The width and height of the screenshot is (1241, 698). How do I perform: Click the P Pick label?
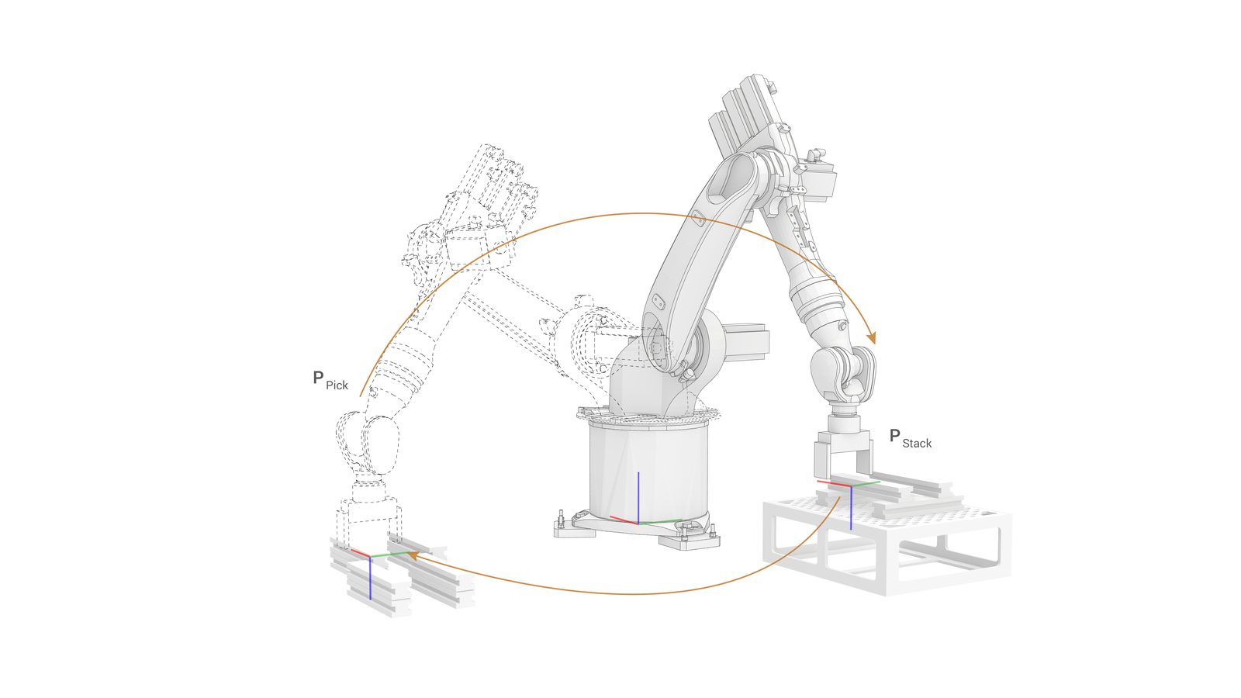pyautogui.click(x=330, y=381)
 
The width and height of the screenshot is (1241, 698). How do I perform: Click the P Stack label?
pyautogui.click(x=911, y=438)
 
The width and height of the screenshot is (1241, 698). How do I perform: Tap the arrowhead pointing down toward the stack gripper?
pyautogui.click(x=872, y=337)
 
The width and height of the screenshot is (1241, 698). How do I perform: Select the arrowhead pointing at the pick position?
pyautogui.click(x=413, y=554)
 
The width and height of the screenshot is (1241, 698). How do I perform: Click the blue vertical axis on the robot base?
pyautogui.click(x=638, y=497)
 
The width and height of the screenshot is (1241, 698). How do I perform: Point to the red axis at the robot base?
pyautogui.click(x=624, y=520)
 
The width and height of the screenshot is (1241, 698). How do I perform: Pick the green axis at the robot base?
pyautogui.click(x=660, y=521)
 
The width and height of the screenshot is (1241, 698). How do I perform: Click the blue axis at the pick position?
pyautogui.click(x=370, y=579)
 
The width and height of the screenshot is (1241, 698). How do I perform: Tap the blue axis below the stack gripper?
pyautogui.click(x=851, y=507)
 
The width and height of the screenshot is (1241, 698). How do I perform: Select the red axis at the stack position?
pyautogui.click(x=834, y=484)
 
